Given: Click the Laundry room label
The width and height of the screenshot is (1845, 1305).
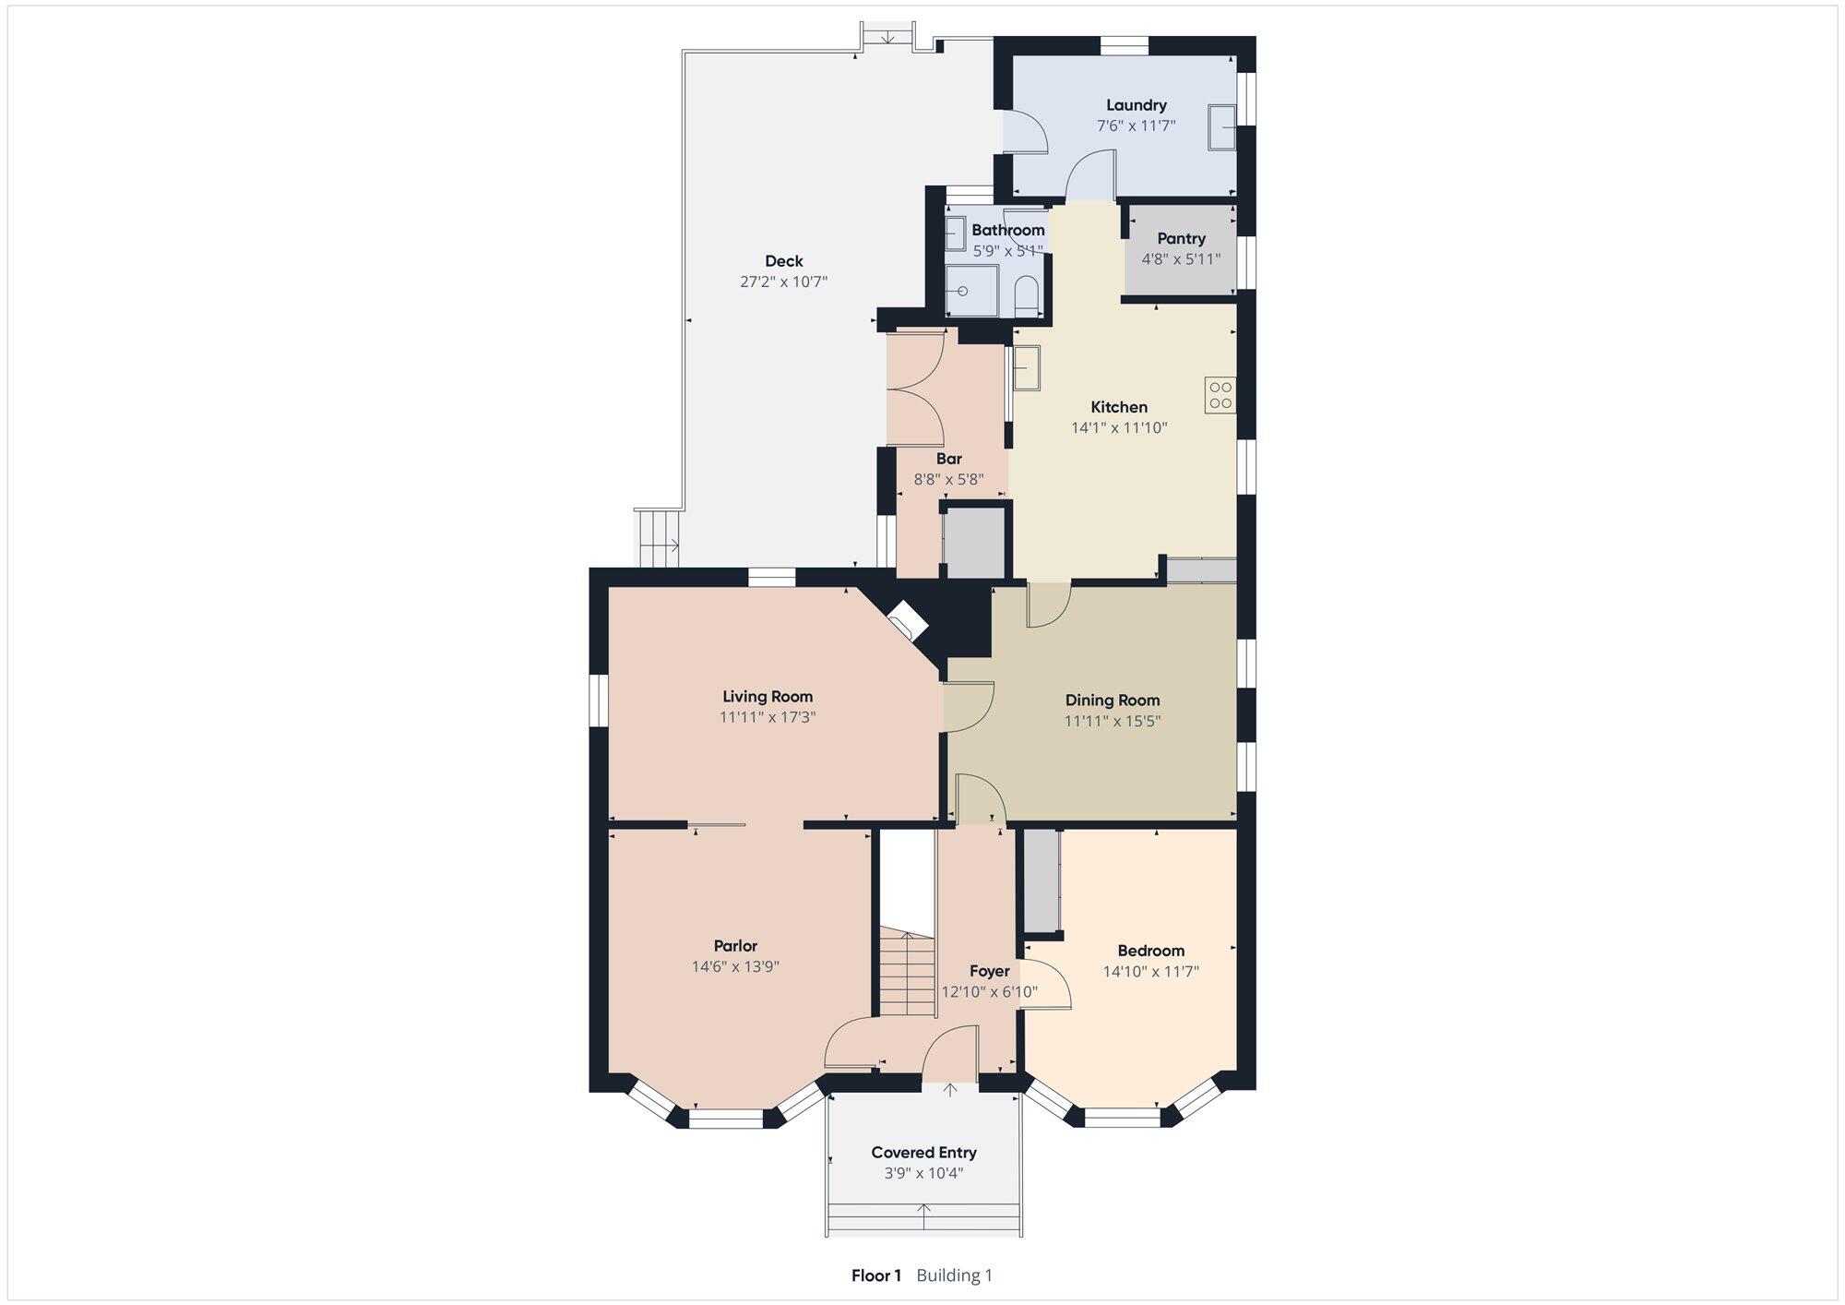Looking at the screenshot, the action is click(x=1136, y=105).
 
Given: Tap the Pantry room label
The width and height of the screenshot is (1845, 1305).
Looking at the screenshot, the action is click(x=1181, y=238).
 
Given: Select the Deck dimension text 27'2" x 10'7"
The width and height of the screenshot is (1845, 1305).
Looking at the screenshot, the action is click(x=783, y=281).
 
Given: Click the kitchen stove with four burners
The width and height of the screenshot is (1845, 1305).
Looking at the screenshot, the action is click(x=1220, y=395).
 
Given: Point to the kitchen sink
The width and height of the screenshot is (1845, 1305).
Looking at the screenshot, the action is click(x=1026, y=367).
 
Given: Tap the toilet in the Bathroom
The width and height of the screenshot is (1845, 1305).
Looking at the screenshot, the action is click(x=1027, y=297).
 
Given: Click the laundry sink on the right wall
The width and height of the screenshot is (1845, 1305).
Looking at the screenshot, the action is click(x=1222, y=127).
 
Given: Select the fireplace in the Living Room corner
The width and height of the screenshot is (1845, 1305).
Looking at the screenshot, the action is click(x=906, y=620).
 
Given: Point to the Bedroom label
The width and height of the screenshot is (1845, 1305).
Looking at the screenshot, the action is click(x=1150, y=951).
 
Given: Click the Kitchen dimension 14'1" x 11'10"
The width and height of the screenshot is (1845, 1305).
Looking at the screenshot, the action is click(x=1119, y=427).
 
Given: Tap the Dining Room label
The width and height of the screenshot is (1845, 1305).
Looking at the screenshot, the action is click(x=1113, y=700).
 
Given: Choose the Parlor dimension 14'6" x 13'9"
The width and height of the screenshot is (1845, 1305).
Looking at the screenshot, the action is click(x=735, y=966).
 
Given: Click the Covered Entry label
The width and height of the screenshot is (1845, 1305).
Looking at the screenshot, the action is click(x=923, y=1153).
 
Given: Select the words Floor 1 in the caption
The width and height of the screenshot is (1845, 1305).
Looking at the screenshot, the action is click(x=875, y=1275).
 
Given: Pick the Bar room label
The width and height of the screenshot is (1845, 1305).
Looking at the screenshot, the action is click(x=948, y=459).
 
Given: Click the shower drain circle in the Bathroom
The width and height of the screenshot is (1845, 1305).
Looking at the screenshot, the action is click(x=963, y=291).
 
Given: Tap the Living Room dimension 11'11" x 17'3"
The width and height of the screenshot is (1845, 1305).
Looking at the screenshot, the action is click(x=768, y=717).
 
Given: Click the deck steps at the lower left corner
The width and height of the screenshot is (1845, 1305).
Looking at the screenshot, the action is click(x=659, y=538).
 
